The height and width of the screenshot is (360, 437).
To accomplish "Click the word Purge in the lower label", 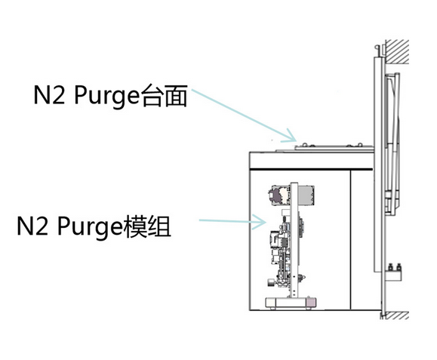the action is (x=90, y=227).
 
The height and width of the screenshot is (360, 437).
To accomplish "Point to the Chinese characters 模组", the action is (x=147, y=226).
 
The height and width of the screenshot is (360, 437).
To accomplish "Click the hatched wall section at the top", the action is (x=397, y=52).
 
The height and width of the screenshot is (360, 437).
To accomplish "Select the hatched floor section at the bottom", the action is (x=396, y=315).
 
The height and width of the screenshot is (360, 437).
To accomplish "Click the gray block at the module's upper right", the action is (x=306, y=195).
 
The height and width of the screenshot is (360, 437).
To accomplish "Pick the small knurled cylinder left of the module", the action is (x=271, y=282).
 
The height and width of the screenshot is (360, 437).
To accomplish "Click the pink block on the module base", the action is (x=312, y=303).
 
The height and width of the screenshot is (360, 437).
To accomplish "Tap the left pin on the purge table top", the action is (x=305, y=145).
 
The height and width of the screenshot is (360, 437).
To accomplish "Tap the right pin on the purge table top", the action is (x=360, y=145).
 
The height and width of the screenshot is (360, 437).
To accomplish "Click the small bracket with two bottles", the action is (x=395, y=272).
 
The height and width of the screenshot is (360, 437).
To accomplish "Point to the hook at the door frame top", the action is (x=377, y=51).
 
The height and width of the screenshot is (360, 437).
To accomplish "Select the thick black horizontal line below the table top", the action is (x=311, y=169).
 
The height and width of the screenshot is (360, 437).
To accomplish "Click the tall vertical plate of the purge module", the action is (x=294, y=240).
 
